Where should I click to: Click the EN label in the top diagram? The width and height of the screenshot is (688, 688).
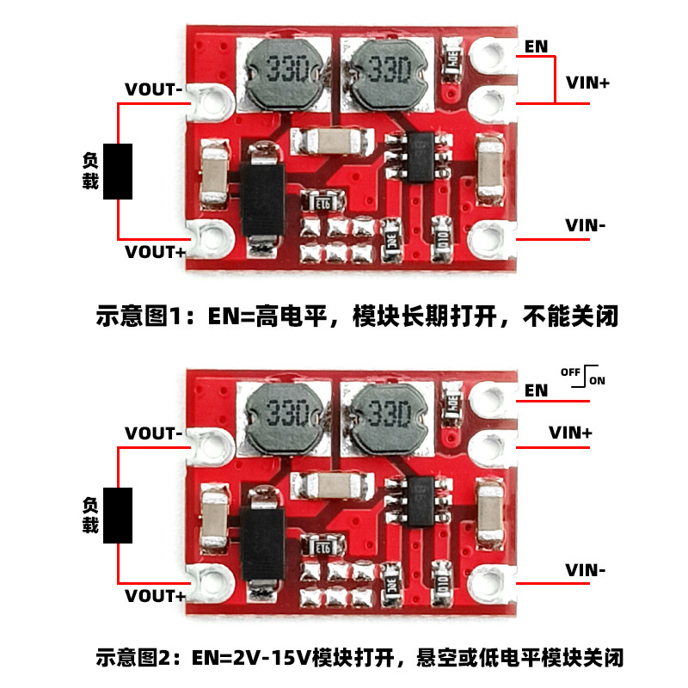click(536, 46)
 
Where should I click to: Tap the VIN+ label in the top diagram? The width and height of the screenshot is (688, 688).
click(587, 83)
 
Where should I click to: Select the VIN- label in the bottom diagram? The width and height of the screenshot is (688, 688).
click(586, 570)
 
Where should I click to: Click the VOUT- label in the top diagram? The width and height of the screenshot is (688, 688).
click(154, 89)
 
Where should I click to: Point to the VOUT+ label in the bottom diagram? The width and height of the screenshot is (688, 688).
click(156, 596)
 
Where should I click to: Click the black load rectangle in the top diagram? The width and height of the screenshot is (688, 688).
click(118, 171)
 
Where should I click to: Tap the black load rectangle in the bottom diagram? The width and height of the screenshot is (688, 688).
click(118, 515)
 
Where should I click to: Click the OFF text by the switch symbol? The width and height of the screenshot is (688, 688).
click(570, 372)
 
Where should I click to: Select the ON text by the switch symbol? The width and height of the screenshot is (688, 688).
click(597, 380)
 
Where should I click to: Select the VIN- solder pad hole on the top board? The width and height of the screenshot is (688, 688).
click(488, 239)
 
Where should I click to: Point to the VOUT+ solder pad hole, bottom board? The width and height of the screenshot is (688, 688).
click(213, 583)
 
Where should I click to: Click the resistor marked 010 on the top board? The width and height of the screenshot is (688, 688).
click(442, 240)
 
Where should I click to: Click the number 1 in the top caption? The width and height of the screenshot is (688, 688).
click(175, 316)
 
